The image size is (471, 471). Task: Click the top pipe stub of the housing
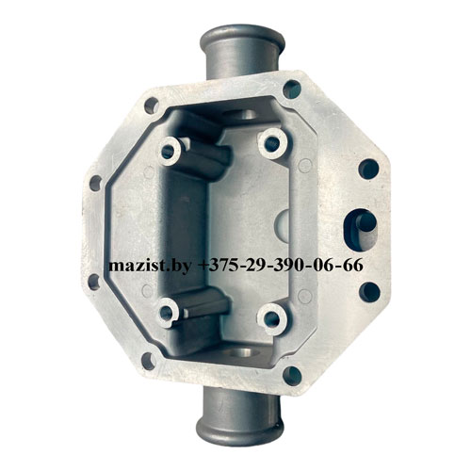(x=242, y=52)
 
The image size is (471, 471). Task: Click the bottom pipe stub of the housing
(x=237, y=414)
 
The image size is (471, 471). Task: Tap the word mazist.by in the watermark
(x=150, y=266)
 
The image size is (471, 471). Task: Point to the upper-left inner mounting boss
(x=170, y=152)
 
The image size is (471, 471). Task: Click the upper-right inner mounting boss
(x=272, y=143)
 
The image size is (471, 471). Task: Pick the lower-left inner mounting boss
(x=167, y=313)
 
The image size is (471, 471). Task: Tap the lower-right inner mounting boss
(x=272, y=318)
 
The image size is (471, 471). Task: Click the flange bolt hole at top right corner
(x=292, y=89)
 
